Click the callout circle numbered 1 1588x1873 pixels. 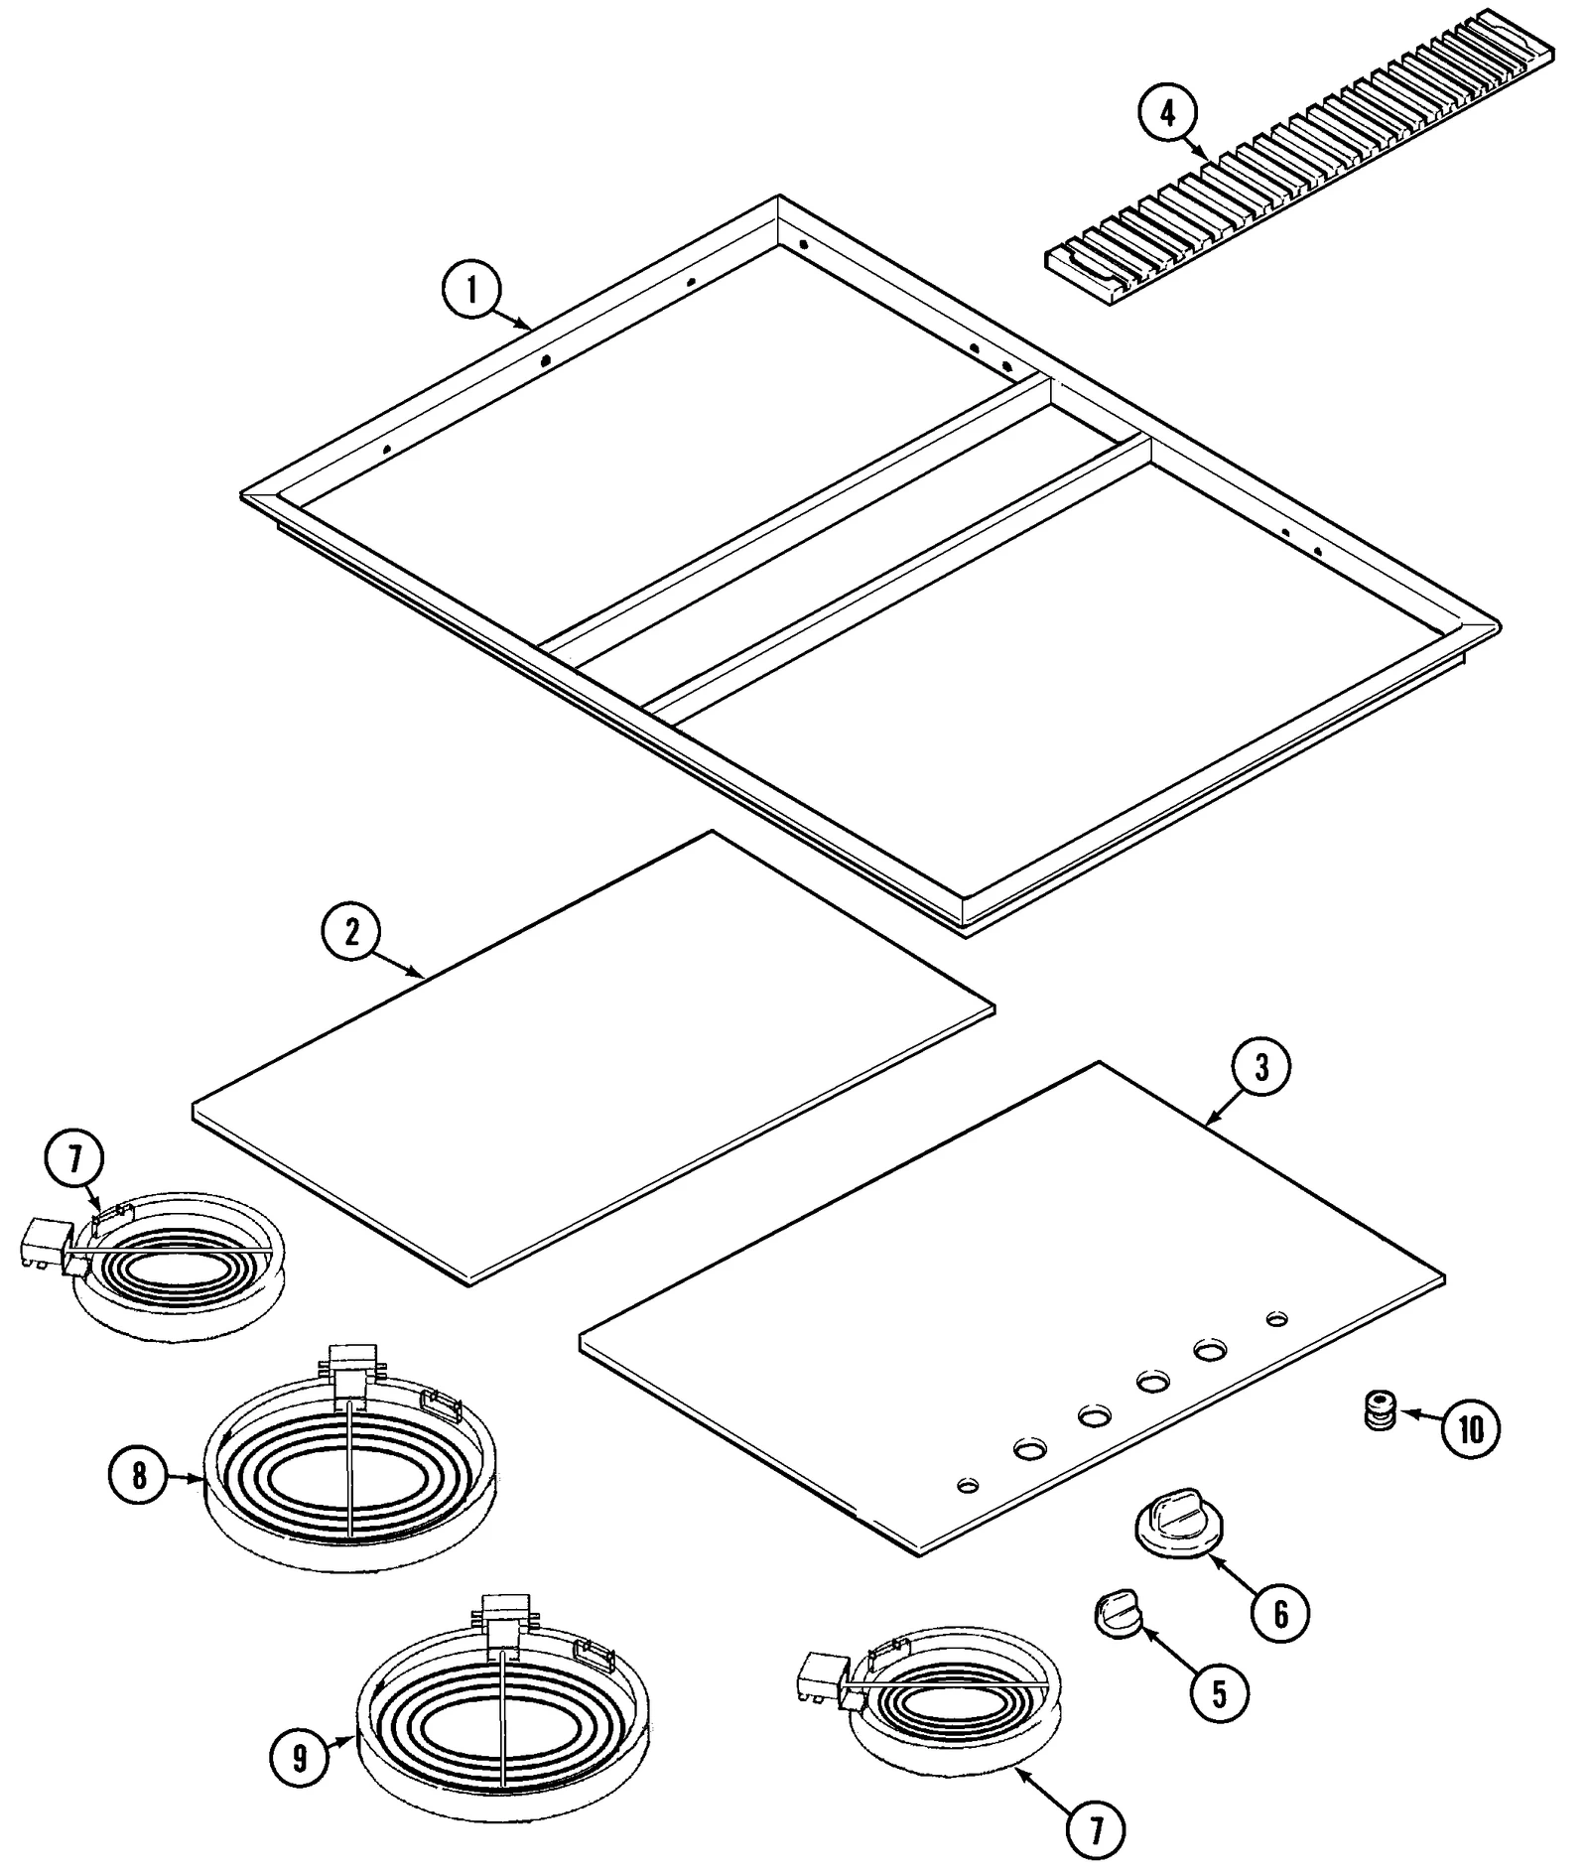click(471, 289)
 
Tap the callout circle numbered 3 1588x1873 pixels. click(1260, 1067)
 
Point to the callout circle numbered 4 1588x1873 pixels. click(1167, 114)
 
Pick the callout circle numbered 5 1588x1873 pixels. click(1219, 1692)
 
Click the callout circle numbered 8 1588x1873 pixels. click(139, 1476)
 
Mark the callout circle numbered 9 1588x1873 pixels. click(299, 1759)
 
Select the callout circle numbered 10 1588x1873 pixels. click(1471, 1428)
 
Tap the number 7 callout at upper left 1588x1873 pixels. click(74, 1160)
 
